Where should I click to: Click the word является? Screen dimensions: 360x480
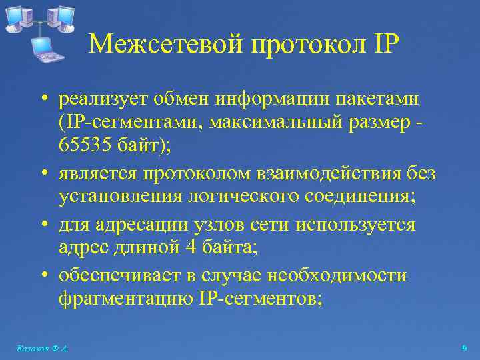pos(95,174)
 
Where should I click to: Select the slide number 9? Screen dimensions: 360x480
pos(464,349)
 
